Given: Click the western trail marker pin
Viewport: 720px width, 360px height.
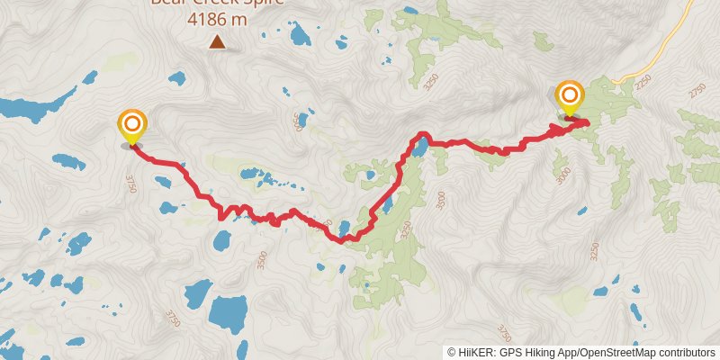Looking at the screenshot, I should click(132, 126).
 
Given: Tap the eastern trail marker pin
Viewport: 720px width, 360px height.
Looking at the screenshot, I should click(570, 96).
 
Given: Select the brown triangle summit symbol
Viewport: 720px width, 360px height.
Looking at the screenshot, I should click(217, 41).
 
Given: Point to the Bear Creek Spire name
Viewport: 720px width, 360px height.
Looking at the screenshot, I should click(217, 3).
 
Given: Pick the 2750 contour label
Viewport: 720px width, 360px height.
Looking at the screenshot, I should click(698, 92).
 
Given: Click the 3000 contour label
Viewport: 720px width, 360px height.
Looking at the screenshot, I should click(563, 174).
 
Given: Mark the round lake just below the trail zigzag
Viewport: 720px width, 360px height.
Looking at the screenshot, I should click(221, 240).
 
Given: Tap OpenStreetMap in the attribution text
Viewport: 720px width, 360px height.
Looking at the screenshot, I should click(612, 352).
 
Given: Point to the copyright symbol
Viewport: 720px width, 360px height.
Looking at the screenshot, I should click(452, 352).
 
